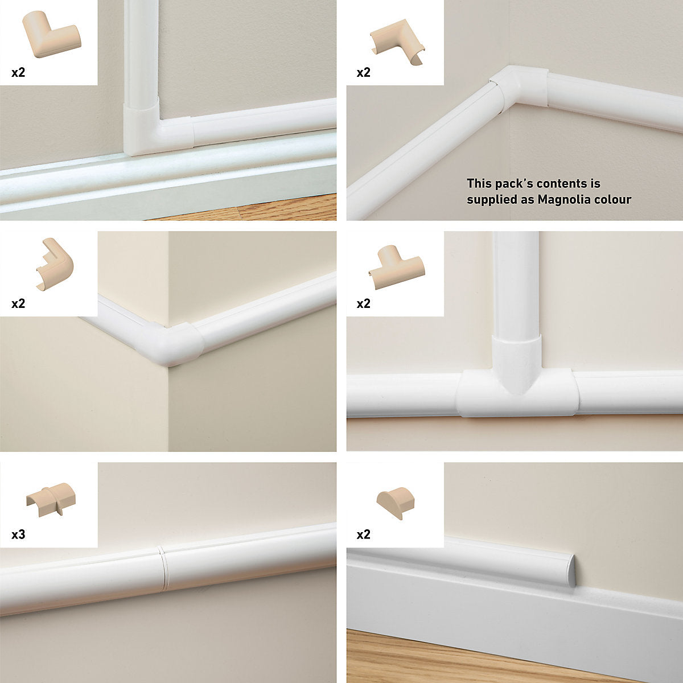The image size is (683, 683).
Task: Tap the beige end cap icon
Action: pos(395,503)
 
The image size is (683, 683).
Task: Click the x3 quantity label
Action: pos(18,534)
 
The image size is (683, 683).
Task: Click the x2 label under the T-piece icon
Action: pos(363,303)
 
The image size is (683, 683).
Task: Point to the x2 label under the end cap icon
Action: pos(363,534)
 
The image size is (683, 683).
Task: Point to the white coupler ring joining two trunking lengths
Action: pos(162,568)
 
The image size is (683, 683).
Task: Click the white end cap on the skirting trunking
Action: pos(571,570)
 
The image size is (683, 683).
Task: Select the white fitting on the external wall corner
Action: pos(170,344)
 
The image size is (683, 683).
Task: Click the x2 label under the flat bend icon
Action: pos(18,73)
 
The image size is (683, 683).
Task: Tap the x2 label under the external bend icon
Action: pos(18,303)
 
